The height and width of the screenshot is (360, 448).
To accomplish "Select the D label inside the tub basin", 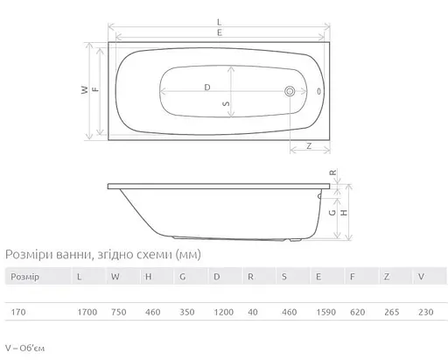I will click(206, 88).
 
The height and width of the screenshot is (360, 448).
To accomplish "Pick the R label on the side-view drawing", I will click(334, 173).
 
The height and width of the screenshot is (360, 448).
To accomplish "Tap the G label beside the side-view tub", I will click(334, 212).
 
